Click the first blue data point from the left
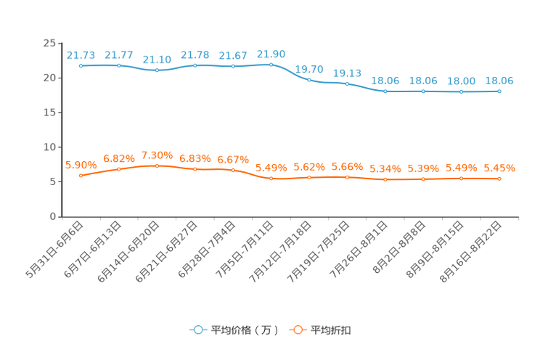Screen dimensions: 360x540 click(x=81, y=66)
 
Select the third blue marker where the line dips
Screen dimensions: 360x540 click(x=157, y=70)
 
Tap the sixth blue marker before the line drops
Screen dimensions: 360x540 click(x=271, y=65)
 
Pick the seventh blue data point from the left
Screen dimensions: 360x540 click(x=309, y=79)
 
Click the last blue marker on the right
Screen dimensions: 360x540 click(x=499, y=91)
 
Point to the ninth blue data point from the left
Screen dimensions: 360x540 click(x=385, y=91)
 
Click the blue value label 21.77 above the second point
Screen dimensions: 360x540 click(x=118, y=54)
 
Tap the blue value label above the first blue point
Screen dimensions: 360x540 click(x=81, y=54)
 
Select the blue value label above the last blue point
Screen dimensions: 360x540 click(x=499, y=80)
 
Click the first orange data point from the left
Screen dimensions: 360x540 click(x=81, y=176)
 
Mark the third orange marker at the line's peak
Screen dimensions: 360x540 click(x=157, y=165)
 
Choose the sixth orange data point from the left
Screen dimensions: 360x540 click(x=271, y=178)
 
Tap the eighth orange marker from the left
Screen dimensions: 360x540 click(x=347, y=176)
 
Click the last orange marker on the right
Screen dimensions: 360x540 click(x=499, y=178)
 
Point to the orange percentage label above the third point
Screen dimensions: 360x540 click(x=157, y=155)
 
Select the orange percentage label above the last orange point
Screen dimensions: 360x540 click(x=499, y=168)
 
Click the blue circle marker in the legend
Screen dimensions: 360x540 click(x=198, y=330)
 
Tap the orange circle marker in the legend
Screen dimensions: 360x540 click(x=297, y=330)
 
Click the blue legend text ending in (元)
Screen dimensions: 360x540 click(x=244, y=330)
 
